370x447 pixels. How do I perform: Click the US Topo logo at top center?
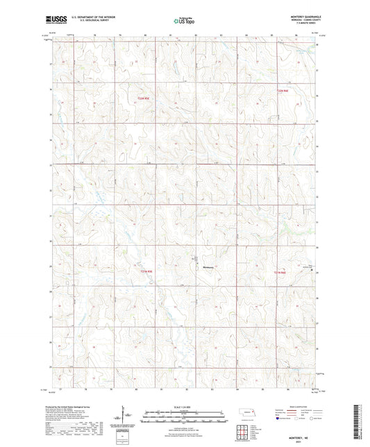[184, 22]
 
